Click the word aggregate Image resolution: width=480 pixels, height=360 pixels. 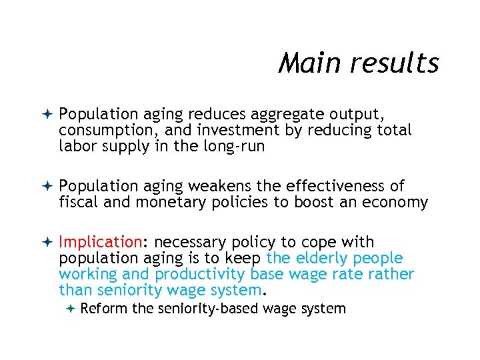(289, 115)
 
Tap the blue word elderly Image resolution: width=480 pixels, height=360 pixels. (323, 258)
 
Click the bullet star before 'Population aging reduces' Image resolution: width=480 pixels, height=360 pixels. (47, 115)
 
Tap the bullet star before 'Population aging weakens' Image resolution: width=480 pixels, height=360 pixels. (47, 186)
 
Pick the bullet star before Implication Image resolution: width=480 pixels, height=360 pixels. (47, 242)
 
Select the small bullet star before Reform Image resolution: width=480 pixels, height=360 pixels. (71, 308)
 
